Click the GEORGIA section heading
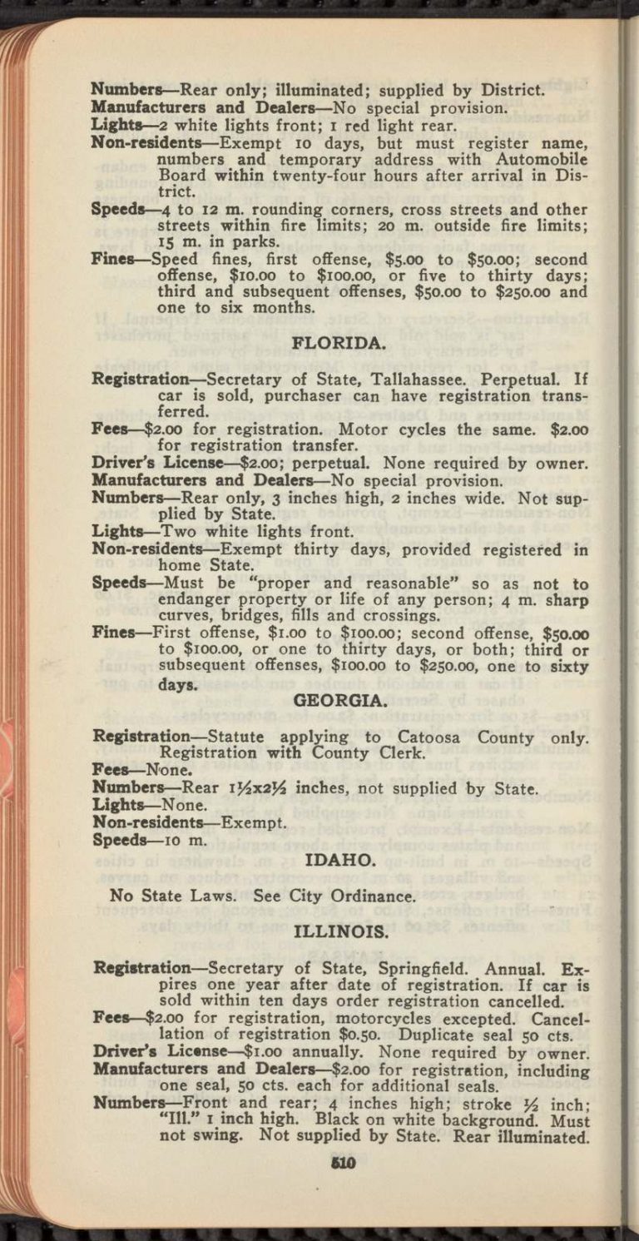pos(340,701)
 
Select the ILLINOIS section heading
pos(341,931)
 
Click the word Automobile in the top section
pos(546,158)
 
